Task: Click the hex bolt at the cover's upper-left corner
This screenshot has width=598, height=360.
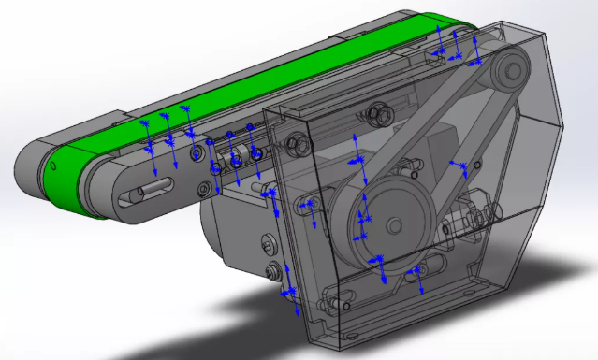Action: click(x=299, y=144)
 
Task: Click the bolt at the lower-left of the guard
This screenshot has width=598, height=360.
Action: click(x=275, y=272)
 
